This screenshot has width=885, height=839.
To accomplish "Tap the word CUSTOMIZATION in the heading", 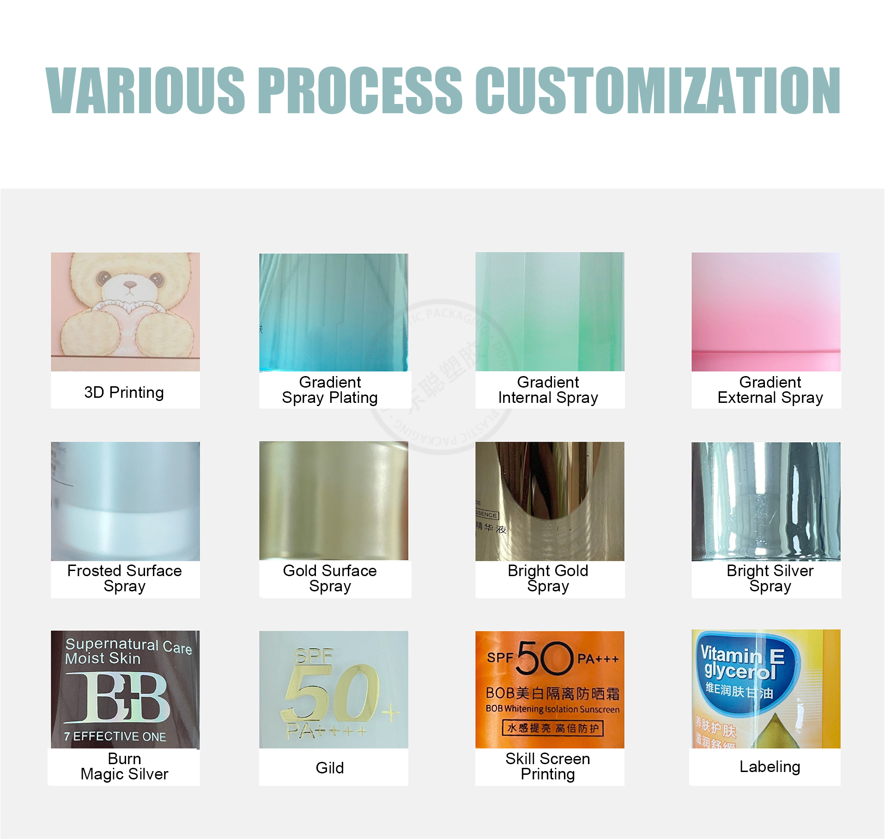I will [x=658, y=90].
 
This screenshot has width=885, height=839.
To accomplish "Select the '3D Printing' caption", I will [x=124, y=392].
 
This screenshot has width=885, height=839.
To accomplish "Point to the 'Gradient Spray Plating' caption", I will [x=330, y=390].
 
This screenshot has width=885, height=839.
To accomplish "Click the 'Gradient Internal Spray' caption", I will [x=548, y=390].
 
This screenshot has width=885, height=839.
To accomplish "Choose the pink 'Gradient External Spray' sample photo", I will [x=766, y=312].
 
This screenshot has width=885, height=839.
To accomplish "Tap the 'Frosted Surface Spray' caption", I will [x=124, y=578].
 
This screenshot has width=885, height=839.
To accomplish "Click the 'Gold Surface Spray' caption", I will [x=330, y=578].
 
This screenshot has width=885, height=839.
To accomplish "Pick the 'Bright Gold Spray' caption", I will [x=548, y=578].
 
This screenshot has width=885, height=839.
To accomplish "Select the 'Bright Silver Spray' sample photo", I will [x=766, y=501].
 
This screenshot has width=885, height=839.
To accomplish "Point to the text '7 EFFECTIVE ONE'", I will [x=115, y=736].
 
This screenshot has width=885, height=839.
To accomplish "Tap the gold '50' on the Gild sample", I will [x=330, y=693].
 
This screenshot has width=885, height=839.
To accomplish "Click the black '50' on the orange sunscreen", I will [x=545, y=658].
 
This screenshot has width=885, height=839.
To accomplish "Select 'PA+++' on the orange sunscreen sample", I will [x=598, y=659].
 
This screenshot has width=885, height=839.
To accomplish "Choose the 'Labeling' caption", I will [x=770, y=767].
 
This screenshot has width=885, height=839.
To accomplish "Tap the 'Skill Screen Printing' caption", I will [x=548, y=766].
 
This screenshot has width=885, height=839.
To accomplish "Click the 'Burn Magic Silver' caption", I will [x=124, y=766].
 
